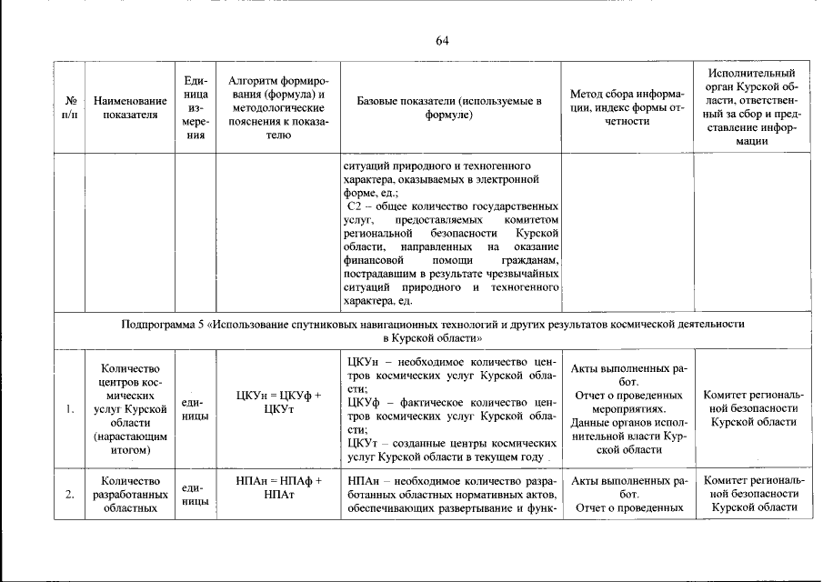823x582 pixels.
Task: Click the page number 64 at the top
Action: (x=442, y=41)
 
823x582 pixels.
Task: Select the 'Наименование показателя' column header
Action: (x=130, y=107)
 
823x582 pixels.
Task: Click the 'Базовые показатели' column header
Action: (x=449, y=107)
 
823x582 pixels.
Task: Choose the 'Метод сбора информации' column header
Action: (x=627, y=107)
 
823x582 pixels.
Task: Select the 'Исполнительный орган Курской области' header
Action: (x=751, y=107)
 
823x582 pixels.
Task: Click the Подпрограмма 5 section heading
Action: (x=433, y=330)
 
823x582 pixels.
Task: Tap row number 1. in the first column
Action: (x=69, y=409)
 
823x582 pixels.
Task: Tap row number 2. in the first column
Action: (x=69, y=495)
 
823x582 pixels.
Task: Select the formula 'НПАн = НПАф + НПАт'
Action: (x=278, y=487)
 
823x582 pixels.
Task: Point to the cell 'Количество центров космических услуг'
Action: (x=130, y=409)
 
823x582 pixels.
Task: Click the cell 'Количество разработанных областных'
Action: (x=130, y=495)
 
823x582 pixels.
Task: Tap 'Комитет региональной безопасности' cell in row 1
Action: (x=751, y=409)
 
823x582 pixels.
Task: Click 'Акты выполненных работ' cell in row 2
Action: (x=627, y=487)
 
